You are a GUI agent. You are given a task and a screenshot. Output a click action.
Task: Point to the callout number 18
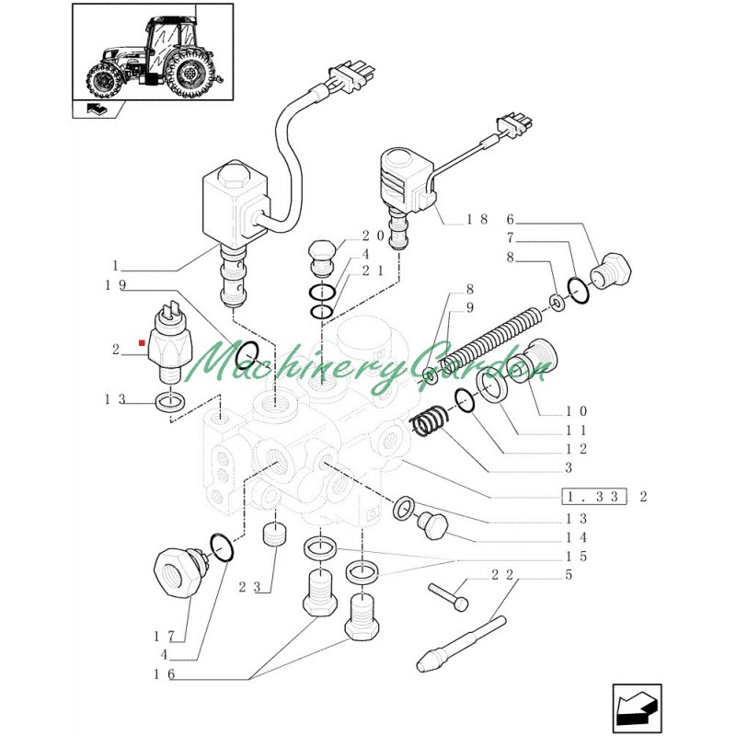(476, 219)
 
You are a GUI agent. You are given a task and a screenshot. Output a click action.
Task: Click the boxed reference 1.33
(593, 497)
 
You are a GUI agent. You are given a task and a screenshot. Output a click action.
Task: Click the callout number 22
(502, 575)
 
